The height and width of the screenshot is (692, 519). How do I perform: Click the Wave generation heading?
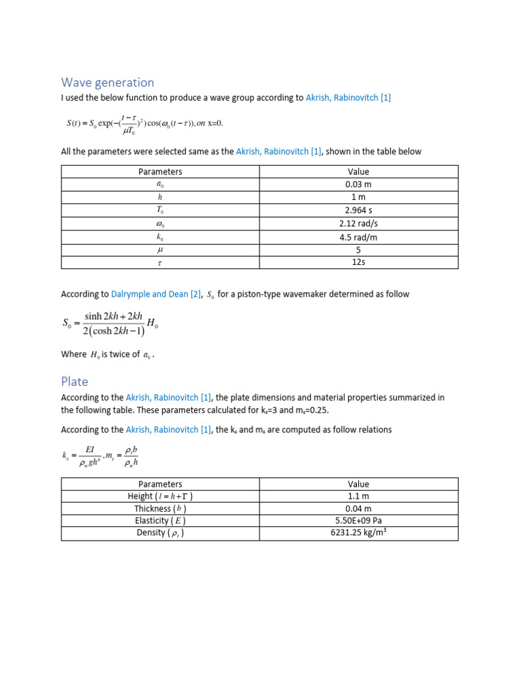[107, 82]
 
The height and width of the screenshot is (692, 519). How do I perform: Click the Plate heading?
[74, 381]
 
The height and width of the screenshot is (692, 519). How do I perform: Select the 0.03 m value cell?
[358, 184]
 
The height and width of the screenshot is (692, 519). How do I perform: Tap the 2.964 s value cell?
[358, 210]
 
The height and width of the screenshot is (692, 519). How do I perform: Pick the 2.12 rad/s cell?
[358, 223]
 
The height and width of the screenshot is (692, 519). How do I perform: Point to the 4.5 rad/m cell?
[358, 236]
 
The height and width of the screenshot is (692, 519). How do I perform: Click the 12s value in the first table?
[358, 262]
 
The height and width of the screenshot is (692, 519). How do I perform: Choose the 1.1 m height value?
[358, 496]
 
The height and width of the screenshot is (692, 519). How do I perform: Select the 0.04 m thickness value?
[358, 508]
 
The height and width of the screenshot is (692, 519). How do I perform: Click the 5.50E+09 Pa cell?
[358, 521]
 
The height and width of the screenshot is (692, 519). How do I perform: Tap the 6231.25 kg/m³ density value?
[358, 533]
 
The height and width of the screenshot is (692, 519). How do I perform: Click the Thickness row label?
[160, 508]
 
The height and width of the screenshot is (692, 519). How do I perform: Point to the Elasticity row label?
[160, 521]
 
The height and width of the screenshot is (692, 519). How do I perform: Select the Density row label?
[160, 533]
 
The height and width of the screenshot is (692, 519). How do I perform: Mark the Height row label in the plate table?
[160, 496]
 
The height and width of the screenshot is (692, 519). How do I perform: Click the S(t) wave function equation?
[144, 123]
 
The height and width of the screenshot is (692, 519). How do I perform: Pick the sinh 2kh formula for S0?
[111, 323]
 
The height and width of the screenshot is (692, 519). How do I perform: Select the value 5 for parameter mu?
[358, 249]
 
